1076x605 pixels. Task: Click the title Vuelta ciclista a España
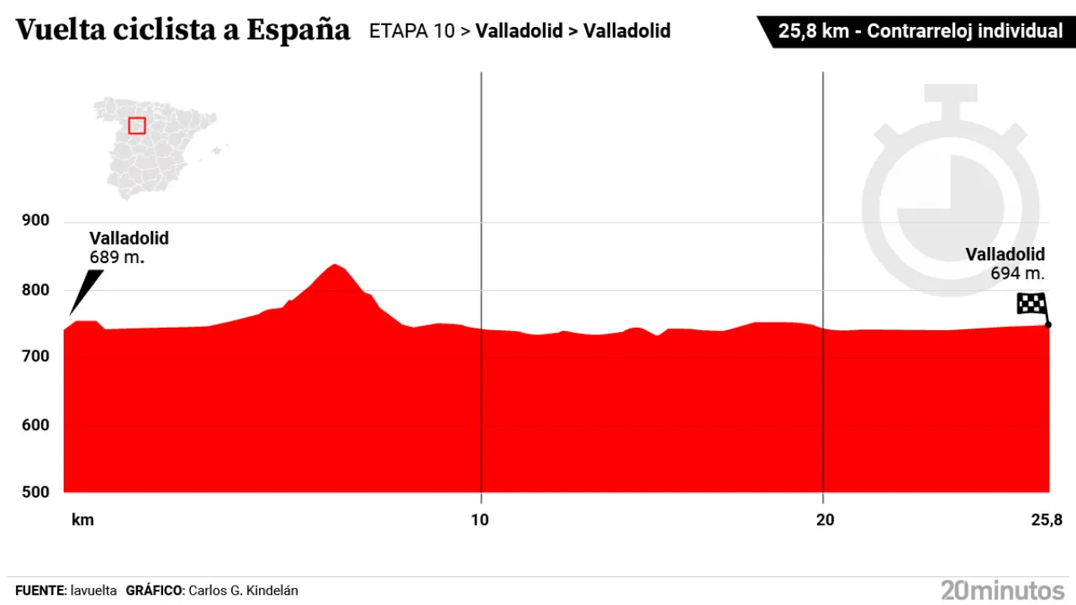click(x=182, y=30)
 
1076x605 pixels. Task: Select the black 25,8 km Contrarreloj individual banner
click(x=916, y=31)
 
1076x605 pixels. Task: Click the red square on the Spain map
click(x=137, y=125)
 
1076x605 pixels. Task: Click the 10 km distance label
click(x=479, y=520)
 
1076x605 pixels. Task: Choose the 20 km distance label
click(x=825, y=520)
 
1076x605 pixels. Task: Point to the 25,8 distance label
click(x=1047, y=520)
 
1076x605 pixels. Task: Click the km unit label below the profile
click(x=82, y=520)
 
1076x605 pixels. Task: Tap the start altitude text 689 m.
click(x=117, y=257)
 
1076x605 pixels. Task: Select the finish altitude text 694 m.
click(x=1017, y=273)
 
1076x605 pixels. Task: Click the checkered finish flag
click(x=1031, y=303)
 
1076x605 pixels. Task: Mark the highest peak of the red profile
click(x=335, y=266)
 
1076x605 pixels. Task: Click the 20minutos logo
click(x=1003, y=589)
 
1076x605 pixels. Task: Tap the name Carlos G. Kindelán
click(x=243, y=591)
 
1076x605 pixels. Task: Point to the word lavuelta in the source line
click(x=93, y=591)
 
